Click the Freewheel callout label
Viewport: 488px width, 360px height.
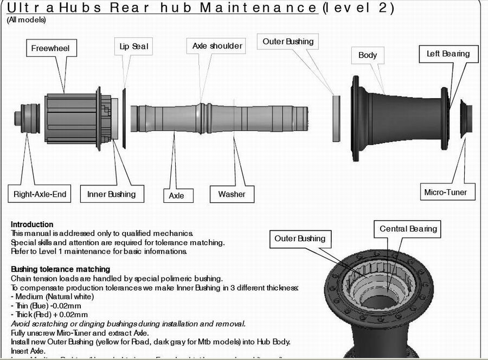pyautogui.click(x=50, y=48)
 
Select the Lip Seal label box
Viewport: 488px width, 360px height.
pyautogui.click(x=133, y=47)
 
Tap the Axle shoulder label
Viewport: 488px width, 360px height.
pyautogui.click(x=217, y=46)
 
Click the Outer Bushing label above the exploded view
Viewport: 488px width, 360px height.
pyautogui.click(x=288, y=41)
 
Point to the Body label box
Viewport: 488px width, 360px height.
pyautogui.click(x=368, y=55)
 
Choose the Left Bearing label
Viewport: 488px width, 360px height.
pyautogui.click(x=448, y=54)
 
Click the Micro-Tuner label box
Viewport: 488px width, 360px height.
pyautogui.click(x=445, y=192)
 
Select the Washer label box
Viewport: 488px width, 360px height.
pyautogui.click(x=232, y=194)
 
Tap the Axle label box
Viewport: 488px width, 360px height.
pyautogui.click(x=177, y=195)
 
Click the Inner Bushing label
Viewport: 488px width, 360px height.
pyautogui.click(x=112, y=194)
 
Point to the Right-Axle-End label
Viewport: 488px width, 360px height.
pyautogui.click(x=40, y=194)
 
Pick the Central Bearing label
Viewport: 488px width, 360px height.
pyautogui.click(x=408, y=229)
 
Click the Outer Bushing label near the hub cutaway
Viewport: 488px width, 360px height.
pyautogui.click(x=300, y=239)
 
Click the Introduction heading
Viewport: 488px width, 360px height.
pyautogui.click(x=32, y=224)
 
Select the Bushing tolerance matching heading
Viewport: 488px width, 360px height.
pyautogui.click(x=60, y=269)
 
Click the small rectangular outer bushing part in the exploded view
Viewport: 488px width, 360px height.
pyautogui.click(x=336, y=116)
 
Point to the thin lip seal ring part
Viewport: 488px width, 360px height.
pyautogui.click(x=124, y=117)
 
